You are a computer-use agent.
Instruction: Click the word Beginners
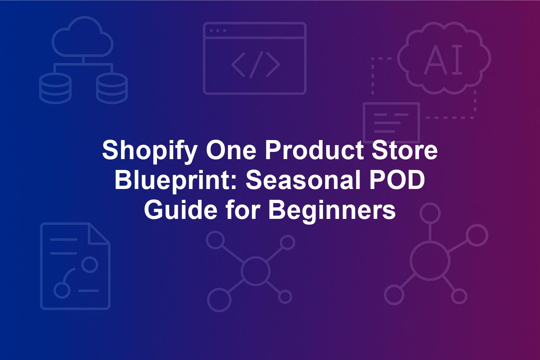(332, 211)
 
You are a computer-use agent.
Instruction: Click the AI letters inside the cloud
(443, 59)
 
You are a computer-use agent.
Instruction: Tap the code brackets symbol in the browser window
(256, 65)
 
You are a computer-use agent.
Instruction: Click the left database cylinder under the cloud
(55, 88)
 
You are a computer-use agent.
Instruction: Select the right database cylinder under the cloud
(112, 88)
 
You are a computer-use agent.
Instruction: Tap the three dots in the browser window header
(218, 31)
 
